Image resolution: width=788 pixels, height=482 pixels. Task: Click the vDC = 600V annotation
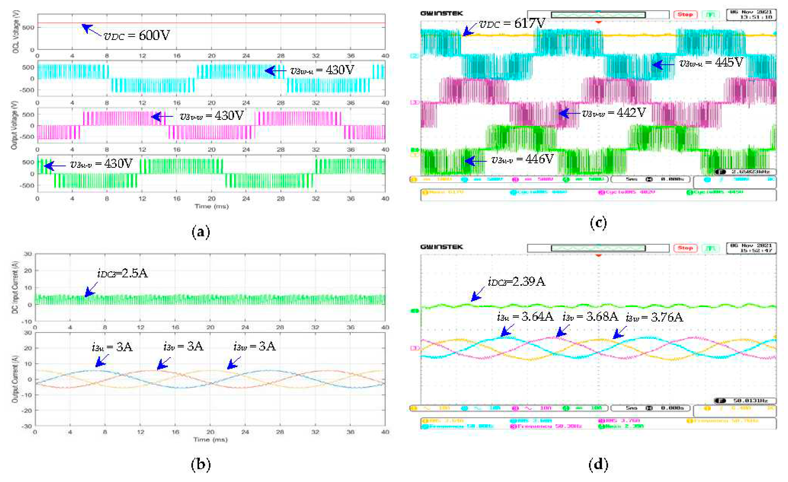coord(137,35)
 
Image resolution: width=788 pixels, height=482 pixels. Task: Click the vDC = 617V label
coord(512,23)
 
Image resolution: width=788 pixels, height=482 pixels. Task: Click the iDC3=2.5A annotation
coord(122,273)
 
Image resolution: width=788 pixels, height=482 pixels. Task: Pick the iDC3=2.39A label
coord(516,281)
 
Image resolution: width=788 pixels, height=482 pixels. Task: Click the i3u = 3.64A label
coord(525,316)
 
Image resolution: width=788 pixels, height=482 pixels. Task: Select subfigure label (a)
coord(201,232)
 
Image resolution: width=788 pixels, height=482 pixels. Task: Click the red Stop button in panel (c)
coord(685,15)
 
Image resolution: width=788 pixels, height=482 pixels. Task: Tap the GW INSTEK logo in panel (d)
coord(441,247)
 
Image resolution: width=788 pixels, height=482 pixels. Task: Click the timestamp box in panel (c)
coord(751,15)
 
